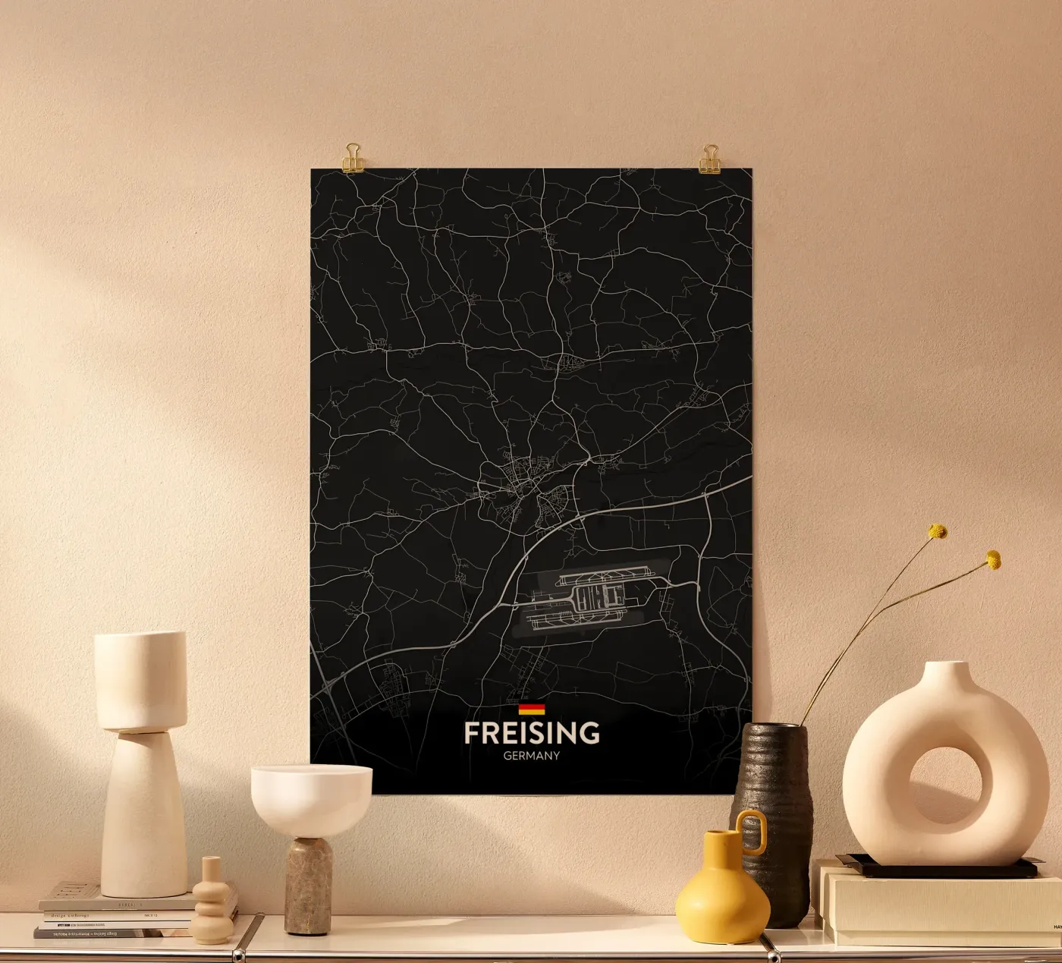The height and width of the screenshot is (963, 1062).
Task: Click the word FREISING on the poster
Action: click(531, 733)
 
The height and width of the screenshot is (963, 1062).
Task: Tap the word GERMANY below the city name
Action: click(531, 756)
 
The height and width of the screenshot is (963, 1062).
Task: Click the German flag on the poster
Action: click(531, 710)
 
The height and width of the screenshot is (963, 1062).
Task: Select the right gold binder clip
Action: click(710, 158)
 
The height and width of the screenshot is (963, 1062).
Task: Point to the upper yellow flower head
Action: click(938, 531)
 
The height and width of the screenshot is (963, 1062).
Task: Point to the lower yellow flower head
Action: click(993, 560)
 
